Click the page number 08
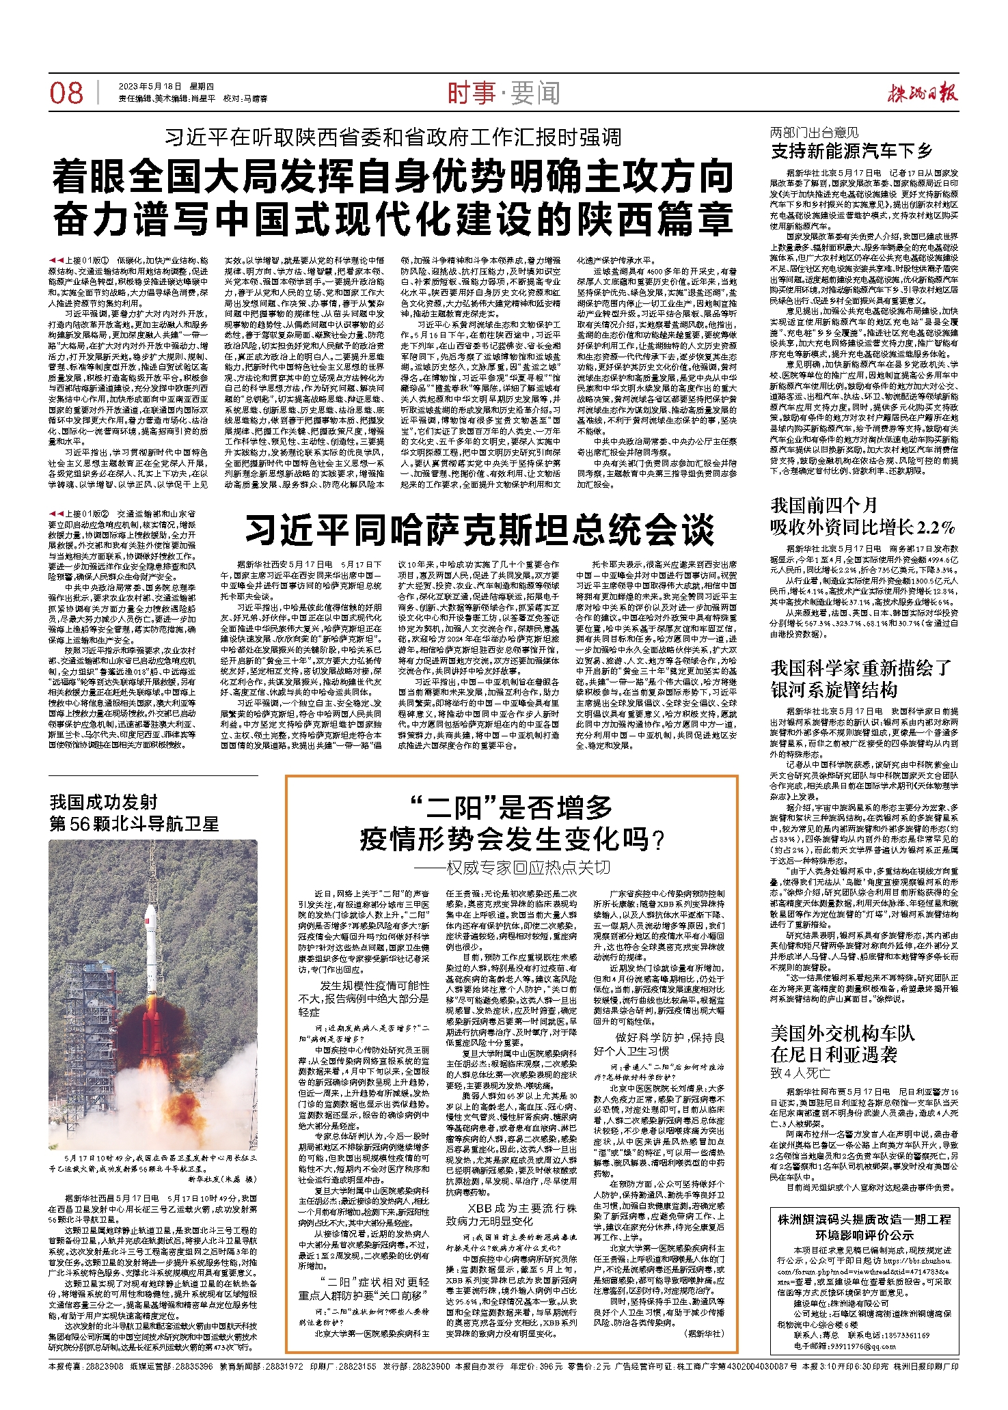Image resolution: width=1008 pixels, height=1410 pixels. tap(66, 94)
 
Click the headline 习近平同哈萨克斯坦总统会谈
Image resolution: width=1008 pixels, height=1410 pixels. tap(480, 531)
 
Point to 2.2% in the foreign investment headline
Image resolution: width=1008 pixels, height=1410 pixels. tap(936, 527)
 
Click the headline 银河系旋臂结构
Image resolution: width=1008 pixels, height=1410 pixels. tap(834, 689)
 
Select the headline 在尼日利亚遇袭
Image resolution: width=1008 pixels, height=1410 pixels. tap(834, 1055)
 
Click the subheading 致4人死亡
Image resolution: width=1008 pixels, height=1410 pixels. tap(800, 1073)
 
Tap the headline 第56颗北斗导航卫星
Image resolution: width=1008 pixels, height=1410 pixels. tap(134, 824)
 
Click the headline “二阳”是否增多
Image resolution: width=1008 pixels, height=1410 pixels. tap(512, 808)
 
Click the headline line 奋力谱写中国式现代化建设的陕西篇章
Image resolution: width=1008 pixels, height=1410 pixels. tap(394, 219)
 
